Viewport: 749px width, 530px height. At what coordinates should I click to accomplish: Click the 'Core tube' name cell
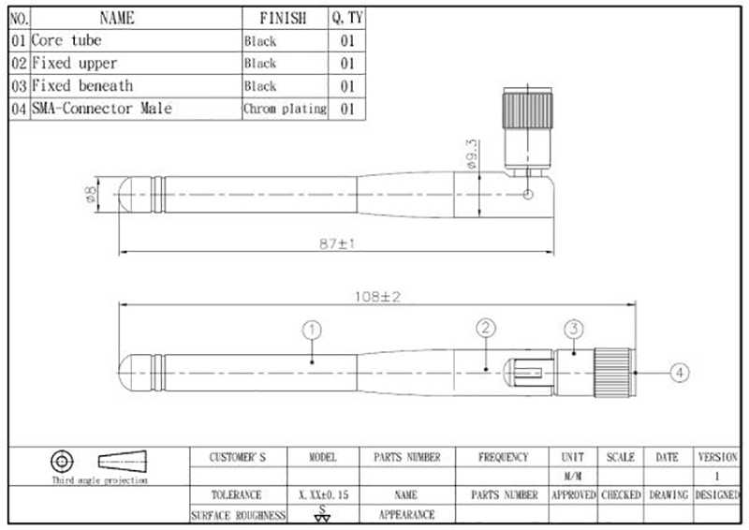tap(66, 40)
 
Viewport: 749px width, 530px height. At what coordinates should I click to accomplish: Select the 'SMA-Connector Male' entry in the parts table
tap(102, 109)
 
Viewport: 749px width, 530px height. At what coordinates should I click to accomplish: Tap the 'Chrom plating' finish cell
tap(286, 109)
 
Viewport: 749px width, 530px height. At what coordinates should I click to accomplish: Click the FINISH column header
tap(284, 18)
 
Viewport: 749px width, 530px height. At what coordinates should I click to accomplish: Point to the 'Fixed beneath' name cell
tap(82, 86)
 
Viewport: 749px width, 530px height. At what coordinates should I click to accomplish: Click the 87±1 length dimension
tap(337, 243)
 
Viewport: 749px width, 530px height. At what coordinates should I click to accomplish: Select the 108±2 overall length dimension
tap(377, 297)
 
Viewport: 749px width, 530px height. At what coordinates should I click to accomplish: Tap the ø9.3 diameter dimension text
tap(471, 155)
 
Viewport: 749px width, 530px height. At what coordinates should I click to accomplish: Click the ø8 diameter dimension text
tap(90, 194)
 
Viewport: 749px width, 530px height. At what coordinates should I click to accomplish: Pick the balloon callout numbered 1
tap(312, 330)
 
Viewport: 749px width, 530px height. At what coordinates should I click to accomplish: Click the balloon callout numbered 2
tap(486, 328)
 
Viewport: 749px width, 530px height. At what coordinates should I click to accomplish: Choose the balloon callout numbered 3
tap(574, 329)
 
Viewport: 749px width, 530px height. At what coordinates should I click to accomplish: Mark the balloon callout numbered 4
tap(680, 373)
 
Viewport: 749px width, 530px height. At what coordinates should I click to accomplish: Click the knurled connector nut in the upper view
tap(527, 110)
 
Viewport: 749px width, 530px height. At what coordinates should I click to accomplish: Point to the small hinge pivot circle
tap(528, 195)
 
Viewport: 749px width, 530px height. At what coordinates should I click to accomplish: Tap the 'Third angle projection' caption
tap(100, 480)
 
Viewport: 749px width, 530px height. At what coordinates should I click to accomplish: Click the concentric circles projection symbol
tap(62, 462)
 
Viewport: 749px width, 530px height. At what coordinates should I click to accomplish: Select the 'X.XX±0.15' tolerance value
tap(323, 495)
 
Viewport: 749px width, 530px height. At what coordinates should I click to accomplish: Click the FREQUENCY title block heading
tap(504, 457)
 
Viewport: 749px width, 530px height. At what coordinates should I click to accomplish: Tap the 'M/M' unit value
tap(573, 477)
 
